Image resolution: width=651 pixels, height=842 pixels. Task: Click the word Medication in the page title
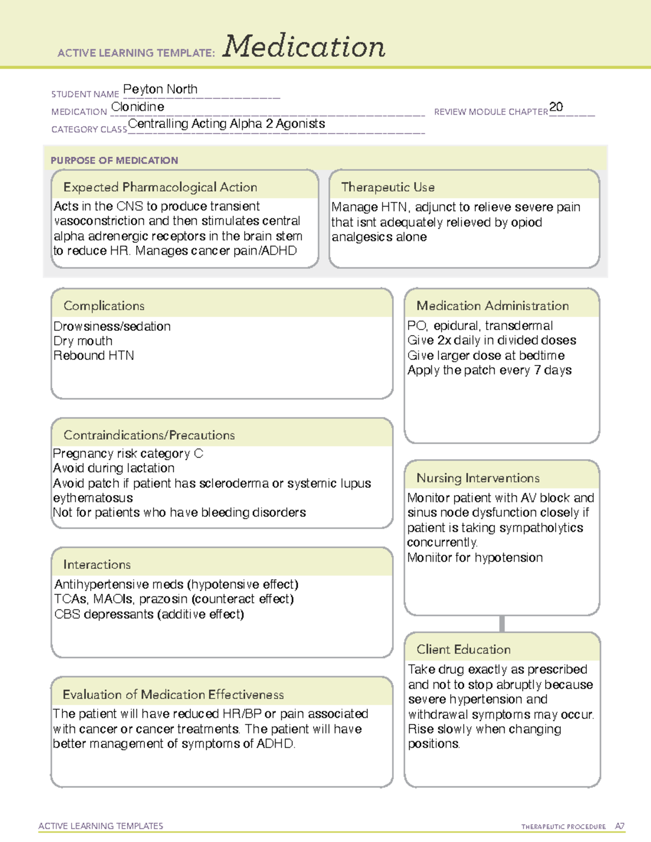(x=304, y=47)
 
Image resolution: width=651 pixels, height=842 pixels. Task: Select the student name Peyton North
(x=160, y=89)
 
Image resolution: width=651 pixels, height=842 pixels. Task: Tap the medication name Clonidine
(x=138, y=107)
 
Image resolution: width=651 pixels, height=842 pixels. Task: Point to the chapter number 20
(x=556, y=107)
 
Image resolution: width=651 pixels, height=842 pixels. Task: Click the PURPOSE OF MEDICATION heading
(x=114, y=160)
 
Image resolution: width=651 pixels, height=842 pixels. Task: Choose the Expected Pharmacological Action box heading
(x=160, y=187)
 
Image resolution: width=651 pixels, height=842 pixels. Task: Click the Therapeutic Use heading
(x=387, y=187)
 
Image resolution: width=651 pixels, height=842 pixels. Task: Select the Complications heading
(x=104, y=306)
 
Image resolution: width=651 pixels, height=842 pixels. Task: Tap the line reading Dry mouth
(x=83, y=341)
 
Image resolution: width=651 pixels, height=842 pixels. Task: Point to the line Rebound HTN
(x=94, y=356)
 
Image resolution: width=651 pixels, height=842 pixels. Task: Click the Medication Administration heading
(x=492, y=306)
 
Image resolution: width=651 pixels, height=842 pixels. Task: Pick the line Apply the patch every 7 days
(x=489, y=370)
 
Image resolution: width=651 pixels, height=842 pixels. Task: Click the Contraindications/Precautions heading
(x=149, y=435)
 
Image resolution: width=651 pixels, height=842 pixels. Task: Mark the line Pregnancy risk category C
(x=128, y=453)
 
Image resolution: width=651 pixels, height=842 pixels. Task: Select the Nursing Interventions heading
(x=477, y=478)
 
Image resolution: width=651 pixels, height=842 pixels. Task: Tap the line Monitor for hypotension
(x=475, y=557)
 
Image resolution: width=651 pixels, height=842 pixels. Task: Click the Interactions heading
(x=97, y=565)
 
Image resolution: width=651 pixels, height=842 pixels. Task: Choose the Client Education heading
(x=463, y=650)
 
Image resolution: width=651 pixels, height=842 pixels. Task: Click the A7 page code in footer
(x=620, y=826)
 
